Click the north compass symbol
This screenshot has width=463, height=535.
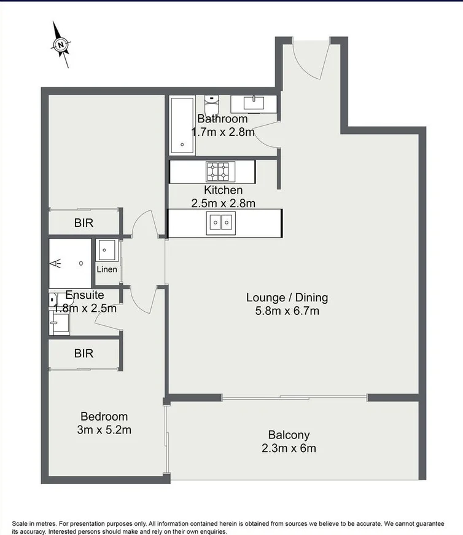pos(61,44)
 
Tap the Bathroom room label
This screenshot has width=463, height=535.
pos(222,119)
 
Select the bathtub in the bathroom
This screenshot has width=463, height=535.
pos(182,126)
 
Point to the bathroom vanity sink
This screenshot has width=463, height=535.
pos(253,103)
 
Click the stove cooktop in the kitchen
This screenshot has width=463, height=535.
pos(220,170)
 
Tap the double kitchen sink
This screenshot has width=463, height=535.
pos(220,222)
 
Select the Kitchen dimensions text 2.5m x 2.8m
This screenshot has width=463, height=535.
pos(223,202)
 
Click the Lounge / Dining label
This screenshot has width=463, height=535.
pos(287,297)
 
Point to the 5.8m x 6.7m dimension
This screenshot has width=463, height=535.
pos(287,311)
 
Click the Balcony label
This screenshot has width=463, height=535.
pos(289,435)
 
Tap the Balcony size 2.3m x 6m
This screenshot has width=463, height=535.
pos(289,448)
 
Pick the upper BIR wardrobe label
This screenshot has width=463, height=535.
pos(84,223)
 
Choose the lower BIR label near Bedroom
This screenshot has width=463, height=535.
pos(84,354)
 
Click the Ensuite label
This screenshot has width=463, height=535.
pos(84,295)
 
